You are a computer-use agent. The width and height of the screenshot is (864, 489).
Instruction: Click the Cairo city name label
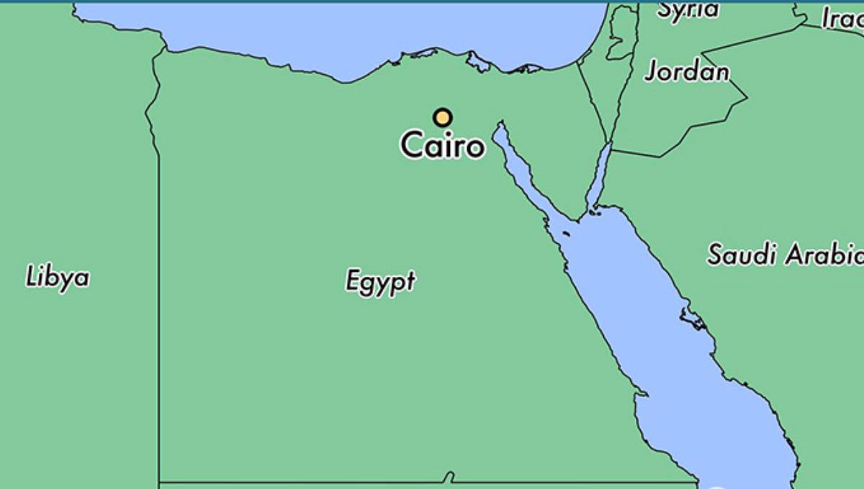coord(442,145)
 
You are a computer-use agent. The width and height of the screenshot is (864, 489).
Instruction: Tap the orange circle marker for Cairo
coord(442,117)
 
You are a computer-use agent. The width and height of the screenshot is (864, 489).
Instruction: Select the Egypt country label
coord(380,281)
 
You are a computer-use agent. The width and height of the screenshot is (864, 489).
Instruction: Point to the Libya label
coord(58,278)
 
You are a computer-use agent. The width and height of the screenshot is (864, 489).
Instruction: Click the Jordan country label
coord(686,71)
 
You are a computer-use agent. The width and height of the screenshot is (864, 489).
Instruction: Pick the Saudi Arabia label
coord(783,255)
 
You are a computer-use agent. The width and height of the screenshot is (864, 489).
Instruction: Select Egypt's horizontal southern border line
coord(324,482)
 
